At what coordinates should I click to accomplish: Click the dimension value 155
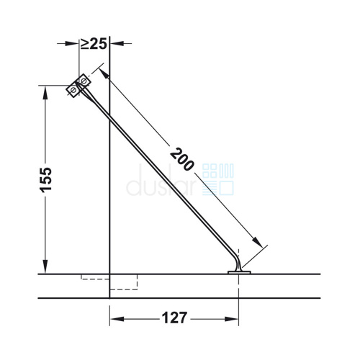point(45,180)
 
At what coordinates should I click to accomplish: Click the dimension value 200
point(181,159)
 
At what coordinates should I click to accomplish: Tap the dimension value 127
point(174,318)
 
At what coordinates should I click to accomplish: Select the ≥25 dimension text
point(94,44)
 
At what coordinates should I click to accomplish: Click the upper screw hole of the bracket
point(84,81)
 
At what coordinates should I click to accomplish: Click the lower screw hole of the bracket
point(73,90)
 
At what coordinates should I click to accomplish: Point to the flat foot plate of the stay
point(239,272)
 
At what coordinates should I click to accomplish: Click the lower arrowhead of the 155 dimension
point(45,266)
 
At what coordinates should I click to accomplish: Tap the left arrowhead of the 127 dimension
point(117,319)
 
